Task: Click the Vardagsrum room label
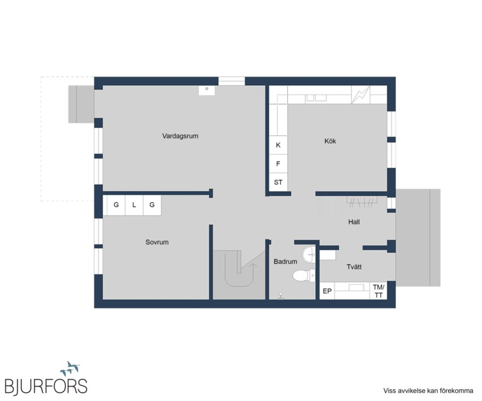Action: click(x=180, y=136)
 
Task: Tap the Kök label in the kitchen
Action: click(x=330, y=141)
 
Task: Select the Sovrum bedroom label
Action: click(x=157, y=242)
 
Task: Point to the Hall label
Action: click(x=354, y=222)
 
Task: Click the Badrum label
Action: click(x=286, y=262)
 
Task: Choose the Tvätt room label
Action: click(x=354, y=267)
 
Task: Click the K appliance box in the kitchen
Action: click(x=278, y=145)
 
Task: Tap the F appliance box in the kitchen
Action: click(x=278, y=164)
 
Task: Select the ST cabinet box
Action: click(x=278, y=182)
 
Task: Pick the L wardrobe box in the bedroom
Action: click(x=134, y=205)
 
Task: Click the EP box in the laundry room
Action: click(x=327, y=291)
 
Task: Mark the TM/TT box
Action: click(x=378, y=291)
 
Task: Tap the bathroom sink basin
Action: click(x=308, y=254)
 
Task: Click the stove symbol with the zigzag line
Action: click(x=361, y=95)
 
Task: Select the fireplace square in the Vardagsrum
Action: click(x=206, y=90)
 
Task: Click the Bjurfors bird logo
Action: click(x=70, y=368)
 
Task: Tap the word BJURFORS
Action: click(x=46, y=386)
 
